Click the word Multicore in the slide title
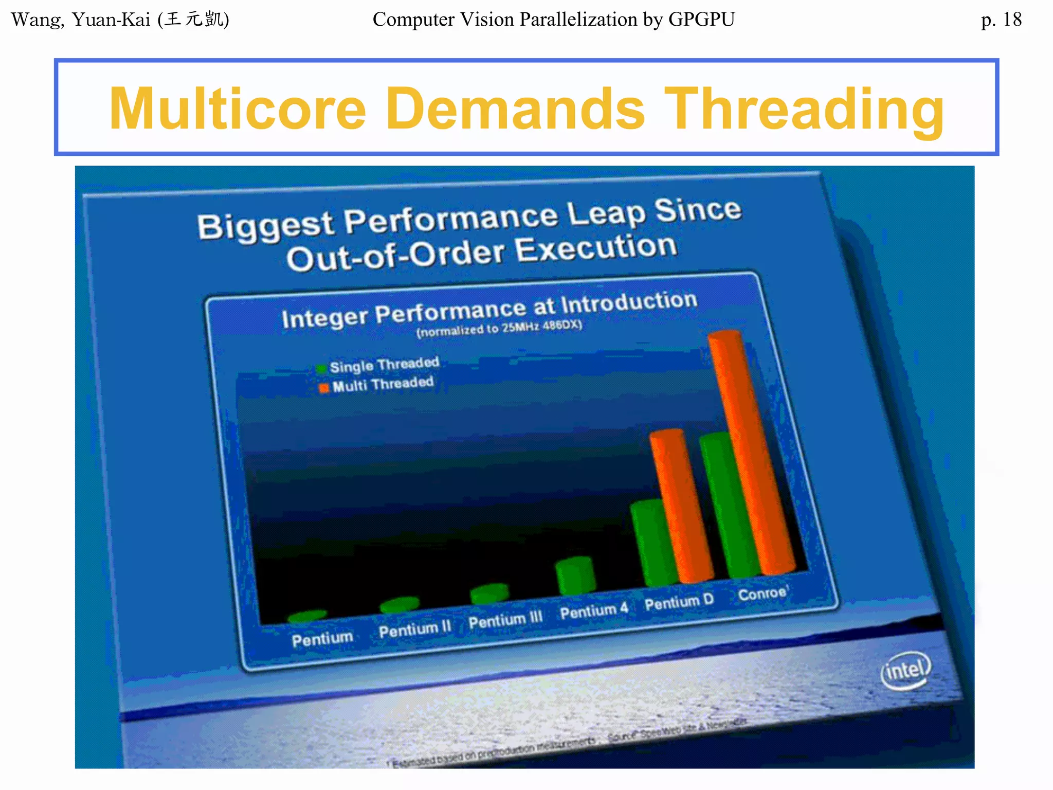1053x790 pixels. click(x=238, y=109)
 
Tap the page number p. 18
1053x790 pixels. click(x=1001, y=20)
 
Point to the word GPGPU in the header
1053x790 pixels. click(x=701, y=20)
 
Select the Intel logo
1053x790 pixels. click(x=906, y=670)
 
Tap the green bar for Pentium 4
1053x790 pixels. click(x=575, y=576)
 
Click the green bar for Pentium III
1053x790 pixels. click(x=489, y=594)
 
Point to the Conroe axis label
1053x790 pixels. click(x=762, y=594)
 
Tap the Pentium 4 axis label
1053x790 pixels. click(x=594, y=611)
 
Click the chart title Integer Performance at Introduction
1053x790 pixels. click(x=489, y=310)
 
